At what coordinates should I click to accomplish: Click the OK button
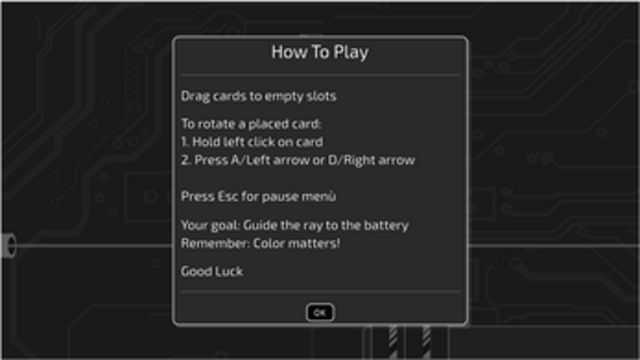[320, 312]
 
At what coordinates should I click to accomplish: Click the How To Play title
[320, 53]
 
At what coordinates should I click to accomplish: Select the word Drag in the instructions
[196, 96]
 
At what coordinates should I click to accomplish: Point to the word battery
[387, 225]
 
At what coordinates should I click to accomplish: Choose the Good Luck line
[212, 271]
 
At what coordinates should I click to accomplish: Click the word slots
[319, 96]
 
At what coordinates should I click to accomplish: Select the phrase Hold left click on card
[259, 141]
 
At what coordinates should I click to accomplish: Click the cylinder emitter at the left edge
[8, 246]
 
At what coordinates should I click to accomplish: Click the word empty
[279, 96]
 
